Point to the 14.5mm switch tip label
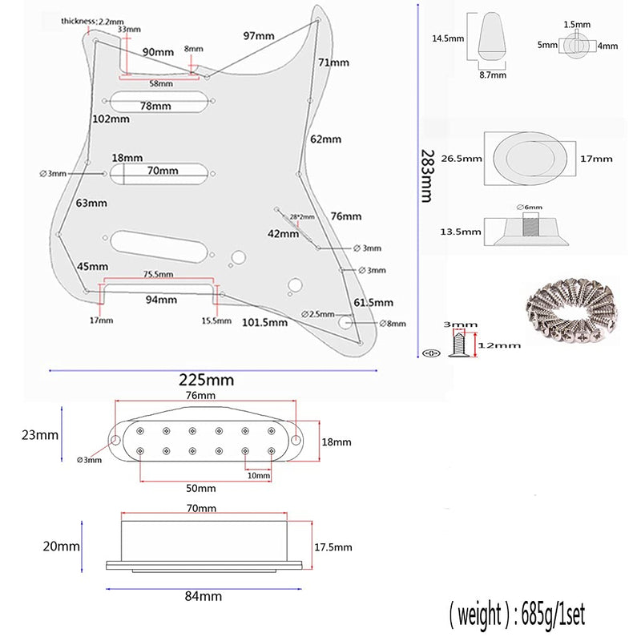pos(448,38)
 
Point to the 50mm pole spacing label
pos(200,488)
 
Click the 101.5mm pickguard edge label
pos(264,322)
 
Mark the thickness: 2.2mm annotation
pos(91,21)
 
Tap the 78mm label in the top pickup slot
pos(155,106)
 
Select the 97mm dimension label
pos(260,36)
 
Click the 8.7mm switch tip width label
pos(493,75)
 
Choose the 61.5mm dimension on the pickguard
pos(373,303)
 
